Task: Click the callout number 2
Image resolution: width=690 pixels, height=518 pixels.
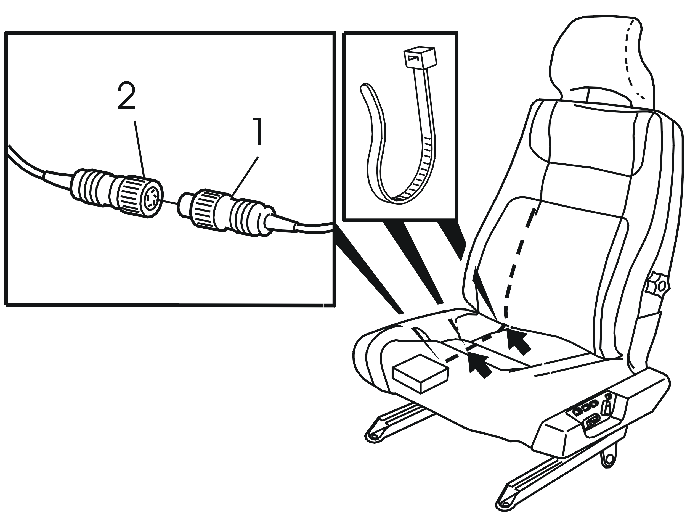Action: tap(126, 97)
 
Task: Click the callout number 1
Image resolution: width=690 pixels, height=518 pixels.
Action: tap(256, 131)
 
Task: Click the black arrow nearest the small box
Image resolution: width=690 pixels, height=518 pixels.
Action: tap(479, 365)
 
